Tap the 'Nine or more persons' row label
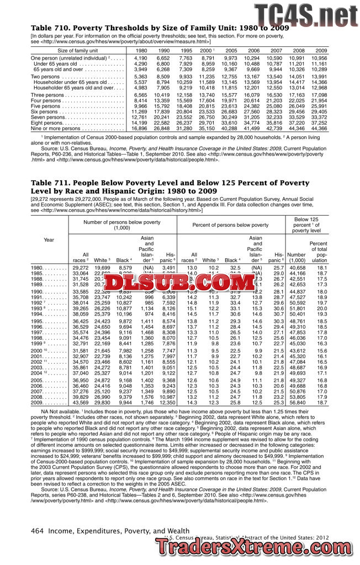(56, 128)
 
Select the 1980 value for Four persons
(140, 100)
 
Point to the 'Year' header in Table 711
(49, 239)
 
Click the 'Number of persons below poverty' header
(122, 225)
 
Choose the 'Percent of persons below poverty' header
(230, 225)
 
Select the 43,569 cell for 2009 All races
(80, 402)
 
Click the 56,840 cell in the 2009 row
(297, 402)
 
